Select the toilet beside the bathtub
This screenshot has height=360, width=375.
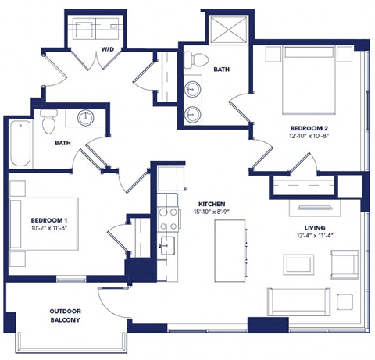(48, 122)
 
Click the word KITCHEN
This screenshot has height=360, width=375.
(212, 201)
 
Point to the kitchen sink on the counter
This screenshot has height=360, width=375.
(166, 245)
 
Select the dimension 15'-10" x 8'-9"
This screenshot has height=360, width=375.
(212, 212)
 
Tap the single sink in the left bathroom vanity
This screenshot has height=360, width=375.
(86, 119)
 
